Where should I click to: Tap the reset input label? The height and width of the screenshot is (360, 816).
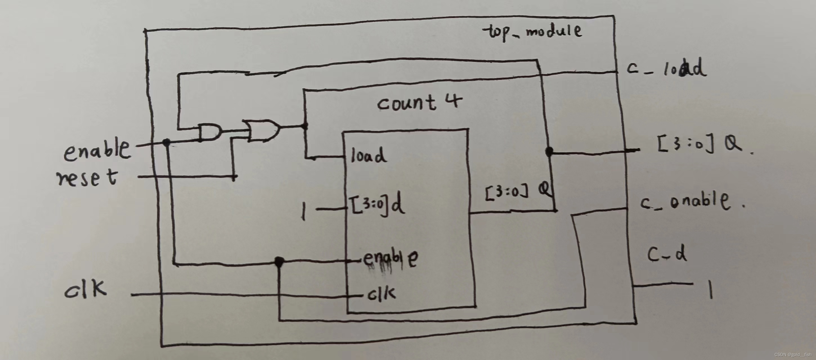pyautogui.click(x=87, y=178)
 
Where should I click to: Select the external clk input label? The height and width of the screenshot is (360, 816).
pyautogui.click(x=86, y=289)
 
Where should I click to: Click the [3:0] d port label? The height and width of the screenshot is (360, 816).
pyautogui.click(x=377, y=205)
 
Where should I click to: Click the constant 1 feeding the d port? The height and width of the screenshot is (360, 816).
pyautogui.click(x=303, y=211)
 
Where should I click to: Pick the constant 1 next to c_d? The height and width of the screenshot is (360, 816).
pyautogui.click(x=710, y=290)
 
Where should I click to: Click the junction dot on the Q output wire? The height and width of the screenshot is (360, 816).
pyautogui.click(x=550, y=151)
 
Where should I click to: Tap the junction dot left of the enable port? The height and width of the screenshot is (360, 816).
pyautogui.click(x=279, y=261)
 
